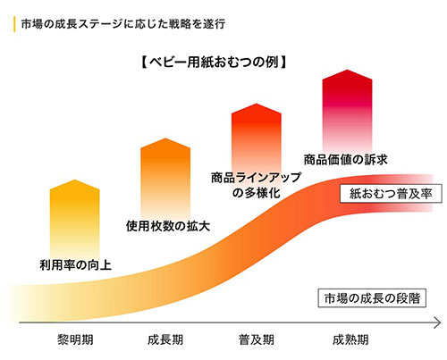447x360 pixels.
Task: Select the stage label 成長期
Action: coord(166,340)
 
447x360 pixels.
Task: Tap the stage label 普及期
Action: coord(257,340)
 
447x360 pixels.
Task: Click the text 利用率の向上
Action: coord(75,264)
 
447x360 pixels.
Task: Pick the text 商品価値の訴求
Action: coord(345,160)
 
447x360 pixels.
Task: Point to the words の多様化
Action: coord(256,193)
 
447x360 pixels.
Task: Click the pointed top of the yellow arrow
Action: coord(75,181)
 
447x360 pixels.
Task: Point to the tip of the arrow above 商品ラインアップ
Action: coord(257,105)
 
